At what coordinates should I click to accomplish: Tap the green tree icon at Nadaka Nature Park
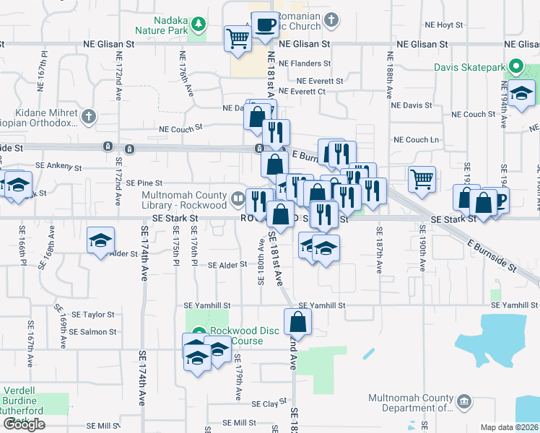198,26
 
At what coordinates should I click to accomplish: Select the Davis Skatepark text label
469,68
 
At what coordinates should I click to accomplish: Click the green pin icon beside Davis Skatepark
515,68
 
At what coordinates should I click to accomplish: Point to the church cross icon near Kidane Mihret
88,116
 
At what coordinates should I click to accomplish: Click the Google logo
24,424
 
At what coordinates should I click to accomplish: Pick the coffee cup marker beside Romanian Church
265,25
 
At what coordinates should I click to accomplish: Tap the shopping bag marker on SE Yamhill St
297,322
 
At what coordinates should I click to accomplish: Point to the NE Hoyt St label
443,25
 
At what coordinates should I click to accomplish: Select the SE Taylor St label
88,315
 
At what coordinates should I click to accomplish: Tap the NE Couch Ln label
416,139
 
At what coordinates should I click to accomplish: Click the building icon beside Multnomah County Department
463,401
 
